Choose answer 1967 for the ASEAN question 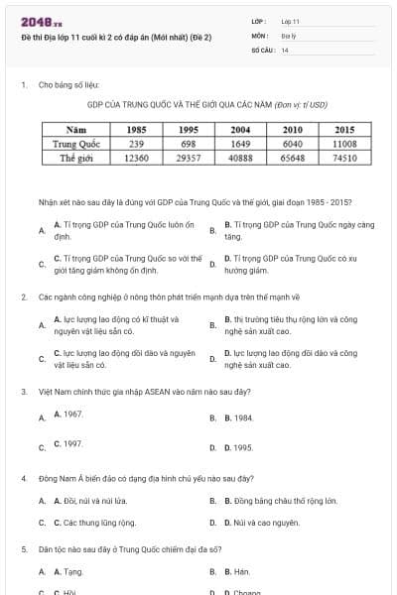[x=67, y=413]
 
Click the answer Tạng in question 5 [x=68, y=571]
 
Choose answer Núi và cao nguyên [x=261, y=522]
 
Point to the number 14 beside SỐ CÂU [x=285, y=49]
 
